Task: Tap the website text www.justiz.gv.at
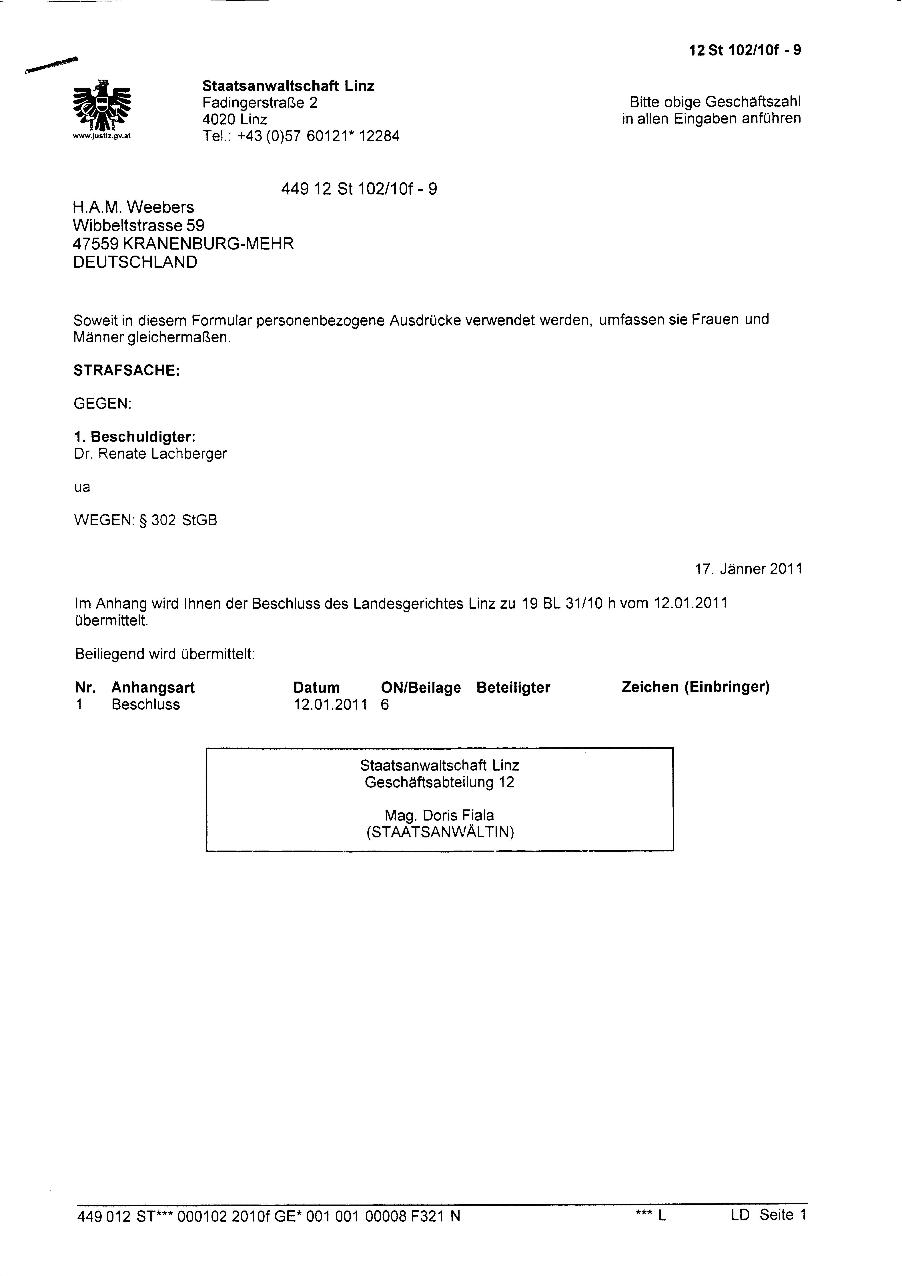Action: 102,136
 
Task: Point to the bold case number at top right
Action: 745,51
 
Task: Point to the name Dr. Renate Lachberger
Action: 150,454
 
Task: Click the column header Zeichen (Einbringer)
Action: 695,687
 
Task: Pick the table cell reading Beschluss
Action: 146,705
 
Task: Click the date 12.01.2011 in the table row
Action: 330,705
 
